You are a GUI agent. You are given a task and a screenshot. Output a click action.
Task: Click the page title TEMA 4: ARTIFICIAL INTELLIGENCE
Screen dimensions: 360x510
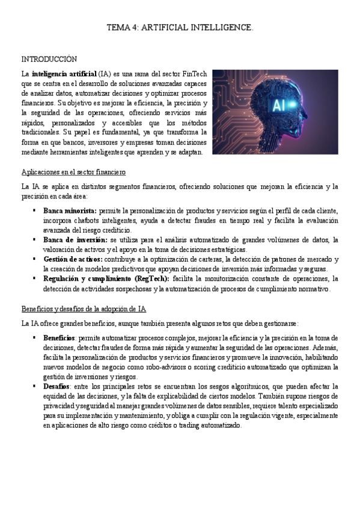(x=180, y=28)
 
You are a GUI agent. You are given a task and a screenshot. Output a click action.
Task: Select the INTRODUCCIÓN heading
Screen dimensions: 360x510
(x=49, y=59)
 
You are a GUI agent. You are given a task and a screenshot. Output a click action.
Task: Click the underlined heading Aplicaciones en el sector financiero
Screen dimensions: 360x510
(x=73, y=171)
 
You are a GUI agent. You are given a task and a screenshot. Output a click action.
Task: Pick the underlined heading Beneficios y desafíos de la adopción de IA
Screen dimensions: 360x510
(x=84, y=309)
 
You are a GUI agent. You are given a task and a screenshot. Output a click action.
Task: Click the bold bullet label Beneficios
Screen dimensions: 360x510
(x=59, y=338)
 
